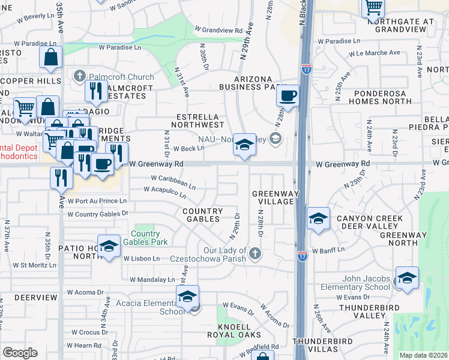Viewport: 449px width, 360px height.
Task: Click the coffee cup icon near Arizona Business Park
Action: pos(288,96)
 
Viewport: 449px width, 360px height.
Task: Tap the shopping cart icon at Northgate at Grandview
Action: pos(373,8)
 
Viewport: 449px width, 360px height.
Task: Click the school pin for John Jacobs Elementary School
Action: pos(406,278)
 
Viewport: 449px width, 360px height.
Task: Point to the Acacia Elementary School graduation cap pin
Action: pos(187,297)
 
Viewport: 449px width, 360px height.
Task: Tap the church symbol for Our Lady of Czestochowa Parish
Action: pos(255,253)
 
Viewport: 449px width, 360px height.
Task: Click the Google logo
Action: pos(20,353)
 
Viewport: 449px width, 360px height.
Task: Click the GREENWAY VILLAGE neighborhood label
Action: pos(273,197)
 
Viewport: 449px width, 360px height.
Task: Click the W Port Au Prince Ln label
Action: pos(97,201)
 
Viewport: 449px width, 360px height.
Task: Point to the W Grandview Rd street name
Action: pos(218,29)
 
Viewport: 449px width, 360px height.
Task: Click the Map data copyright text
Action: pos(423,355)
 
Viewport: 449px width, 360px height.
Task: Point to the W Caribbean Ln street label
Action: pos(173,182)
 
